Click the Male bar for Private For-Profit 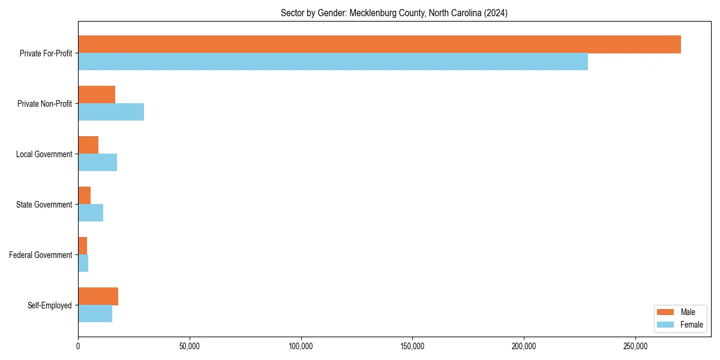coord(379,44)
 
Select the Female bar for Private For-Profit coord(333,62)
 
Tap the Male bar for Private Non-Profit coord(97,95)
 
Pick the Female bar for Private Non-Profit coord(111,112)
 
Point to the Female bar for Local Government coord(97,163)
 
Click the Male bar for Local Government coord(88,145)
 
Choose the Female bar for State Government coord(91,213)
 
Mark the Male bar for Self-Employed coord(98,296)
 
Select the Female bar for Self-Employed coord(95,314)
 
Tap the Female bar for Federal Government coord(83,263)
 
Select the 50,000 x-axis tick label coord(190,346)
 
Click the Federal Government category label coord(41,255)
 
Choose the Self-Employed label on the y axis coord(50,305)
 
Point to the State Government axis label coord(44,205)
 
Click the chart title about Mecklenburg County coord(394,13)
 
